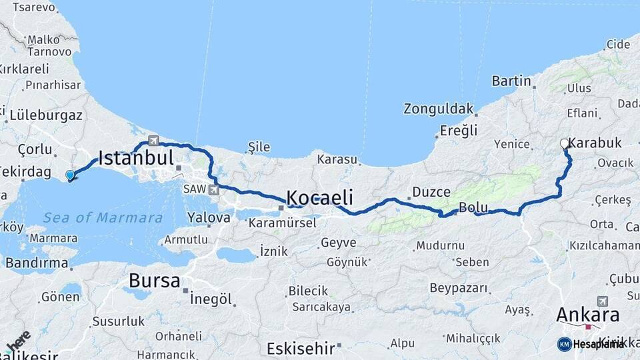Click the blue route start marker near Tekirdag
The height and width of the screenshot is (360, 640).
[x=69, y=175]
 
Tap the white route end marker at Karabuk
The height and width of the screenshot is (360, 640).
[x=565, y=143]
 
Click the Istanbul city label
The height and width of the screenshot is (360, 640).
[x=136, y=158]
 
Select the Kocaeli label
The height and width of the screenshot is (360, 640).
[x=319, y=197]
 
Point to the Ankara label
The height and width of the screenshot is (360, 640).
[x=587, y=315]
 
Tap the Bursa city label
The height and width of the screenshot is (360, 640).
[x=155, y=281]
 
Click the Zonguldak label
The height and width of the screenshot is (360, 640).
[x=438, y=109]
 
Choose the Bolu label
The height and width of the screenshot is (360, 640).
[x=474, y=208]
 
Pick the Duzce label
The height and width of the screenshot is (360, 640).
[x=431, y=192]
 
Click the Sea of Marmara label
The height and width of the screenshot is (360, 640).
[x=103, y=218]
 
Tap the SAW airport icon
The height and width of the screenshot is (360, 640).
[x=213, y=190]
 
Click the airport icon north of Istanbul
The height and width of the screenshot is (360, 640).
[x=154, y=141]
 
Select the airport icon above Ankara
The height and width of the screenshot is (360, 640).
[x=603, y=301]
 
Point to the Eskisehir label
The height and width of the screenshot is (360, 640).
[x=299, y=348]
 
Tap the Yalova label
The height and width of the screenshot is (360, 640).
[x=209, y=217]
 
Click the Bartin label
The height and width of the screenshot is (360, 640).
[x=511, y=81]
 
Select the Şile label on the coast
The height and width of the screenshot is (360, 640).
[x=258, y=146]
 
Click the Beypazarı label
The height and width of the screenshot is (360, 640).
[x=459, y=288]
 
